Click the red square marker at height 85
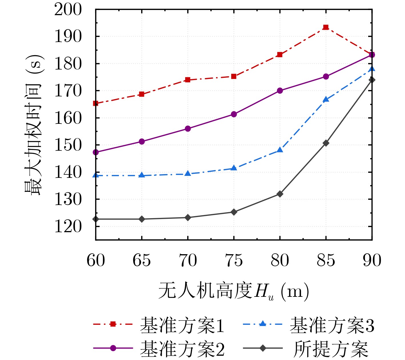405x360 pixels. point(326,27)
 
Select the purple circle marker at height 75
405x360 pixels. point(234,114)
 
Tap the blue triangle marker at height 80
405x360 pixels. point(280,150)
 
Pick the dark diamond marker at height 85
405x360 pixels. point(326,143)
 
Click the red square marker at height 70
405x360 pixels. point(188,80)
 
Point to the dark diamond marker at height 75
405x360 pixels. point(234,212)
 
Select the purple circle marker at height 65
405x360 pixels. point(142,142)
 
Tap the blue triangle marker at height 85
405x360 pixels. point(326,99)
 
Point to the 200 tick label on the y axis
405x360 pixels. point(68,10)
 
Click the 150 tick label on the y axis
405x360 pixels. point(68,145)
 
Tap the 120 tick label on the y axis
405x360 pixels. point(68,227)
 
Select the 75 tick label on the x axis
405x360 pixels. point(234,260)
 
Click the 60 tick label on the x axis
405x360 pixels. point(96,260)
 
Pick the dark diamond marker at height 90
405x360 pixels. point(372,80)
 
